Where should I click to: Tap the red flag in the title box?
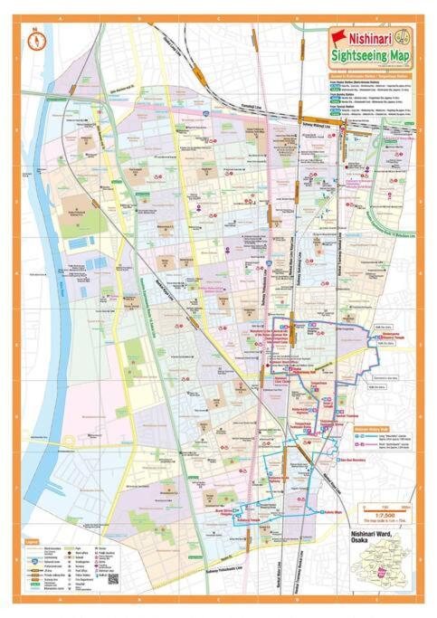coord(339,37)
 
